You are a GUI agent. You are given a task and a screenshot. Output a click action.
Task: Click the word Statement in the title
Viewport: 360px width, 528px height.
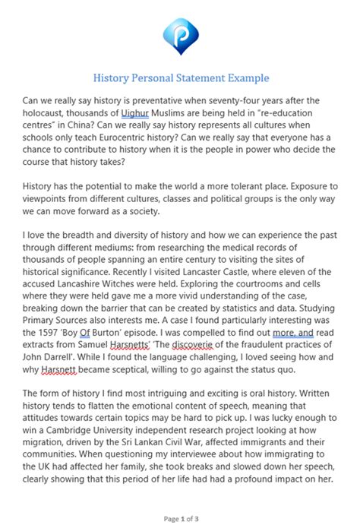click(204, 78)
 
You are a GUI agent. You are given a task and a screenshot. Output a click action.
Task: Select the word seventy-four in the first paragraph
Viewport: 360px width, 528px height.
click(266, 100)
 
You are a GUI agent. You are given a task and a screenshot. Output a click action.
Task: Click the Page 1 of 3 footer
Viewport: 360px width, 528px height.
click(179, 519)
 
